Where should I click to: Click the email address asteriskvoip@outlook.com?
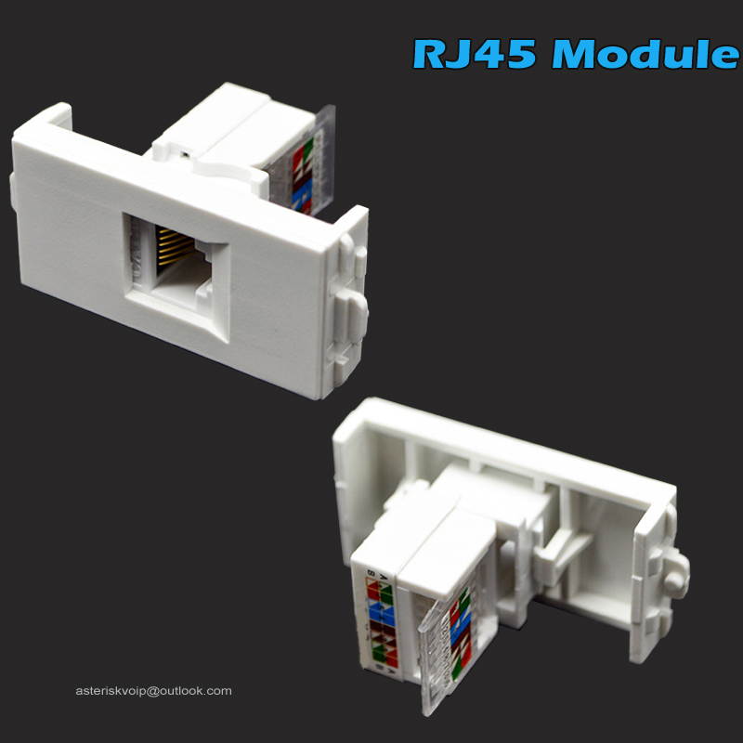(x=153, y=691)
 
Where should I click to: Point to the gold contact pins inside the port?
(x=171, y=250)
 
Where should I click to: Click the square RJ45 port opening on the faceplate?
(x=176, y=265)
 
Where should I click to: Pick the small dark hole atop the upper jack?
(x=185, y=149)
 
